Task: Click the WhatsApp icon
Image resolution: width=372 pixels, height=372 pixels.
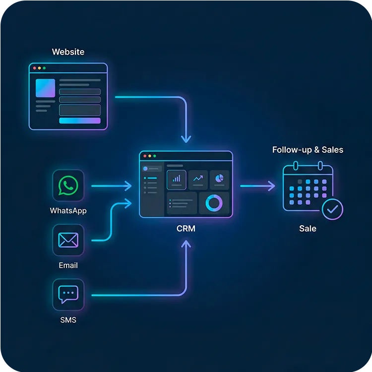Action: coord(68,186)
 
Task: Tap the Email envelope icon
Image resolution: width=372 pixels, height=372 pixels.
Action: coord(68,240)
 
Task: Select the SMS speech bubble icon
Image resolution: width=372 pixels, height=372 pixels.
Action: coord(68,294)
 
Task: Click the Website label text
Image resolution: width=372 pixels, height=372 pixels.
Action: coord(68,52)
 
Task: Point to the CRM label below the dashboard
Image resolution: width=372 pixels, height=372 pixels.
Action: coord(186,229)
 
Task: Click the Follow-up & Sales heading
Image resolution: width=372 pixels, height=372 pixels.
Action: coord(308,150)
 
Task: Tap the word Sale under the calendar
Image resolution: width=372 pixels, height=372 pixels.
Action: coord(308,229)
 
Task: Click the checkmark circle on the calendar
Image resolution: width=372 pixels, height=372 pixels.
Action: coord(332,209)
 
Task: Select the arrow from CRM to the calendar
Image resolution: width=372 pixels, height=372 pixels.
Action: coord(257,186)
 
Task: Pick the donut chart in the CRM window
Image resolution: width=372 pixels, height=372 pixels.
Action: coord(214,202)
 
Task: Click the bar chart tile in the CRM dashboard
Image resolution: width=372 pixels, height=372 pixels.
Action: coord(177,179)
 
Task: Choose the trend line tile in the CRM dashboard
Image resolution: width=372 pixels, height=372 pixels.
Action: coord(198,179)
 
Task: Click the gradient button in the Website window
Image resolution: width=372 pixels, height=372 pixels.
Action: coord(79,121)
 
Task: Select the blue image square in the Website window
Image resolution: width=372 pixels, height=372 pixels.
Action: coord(45,88)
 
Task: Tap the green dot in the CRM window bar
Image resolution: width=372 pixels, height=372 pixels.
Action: coord(154,156)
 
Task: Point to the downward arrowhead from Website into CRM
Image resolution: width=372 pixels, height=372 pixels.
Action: coord(186,139)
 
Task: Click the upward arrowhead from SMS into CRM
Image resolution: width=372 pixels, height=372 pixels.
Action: coord(186,244)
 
